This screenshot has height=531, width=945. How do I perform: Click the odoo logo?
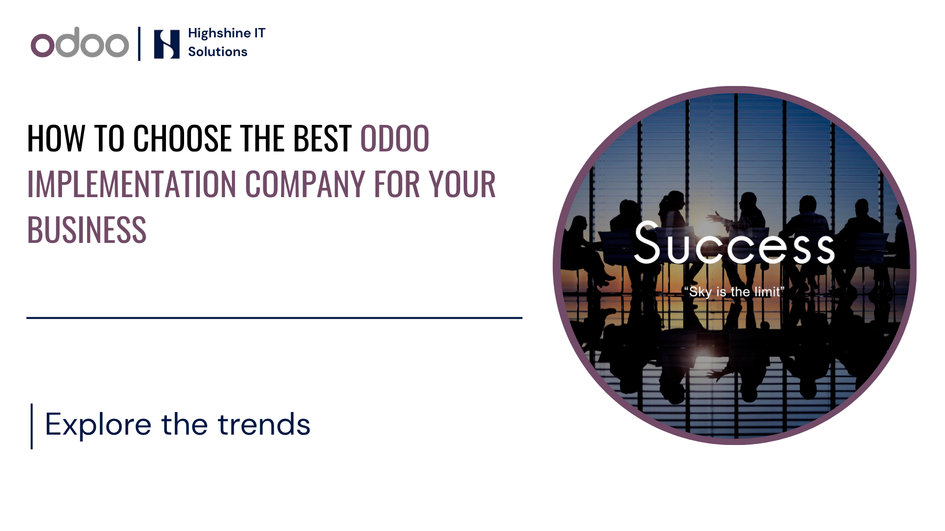(x=80, y=43)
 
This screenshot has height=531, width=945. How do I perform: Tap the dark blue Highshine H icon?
(x=167, y=44)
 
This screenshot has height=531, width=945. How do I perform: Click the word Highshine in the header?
(x=220, y=33)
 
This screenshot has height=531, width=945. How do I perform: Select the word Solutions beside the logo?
(x=218, y=52)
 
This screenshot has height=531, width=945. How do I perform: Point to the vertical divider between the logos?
(x=139, y=43)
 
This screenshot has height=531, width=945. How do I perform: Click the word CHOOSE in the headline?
(x=182, y=138)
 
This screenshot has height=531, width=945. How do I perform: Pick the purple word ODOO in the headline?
(x=395, y=138)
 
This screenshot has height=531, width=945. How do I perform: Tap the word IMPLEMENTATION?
(x=132, y=184)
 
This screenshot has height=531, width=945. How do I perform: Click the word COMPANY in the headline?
(x=305, y=184)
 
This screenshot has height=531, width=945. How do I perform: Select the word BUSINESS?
(x=87, y=230)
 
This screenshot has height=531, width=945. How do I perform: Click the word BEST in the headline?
(x=322, y=138)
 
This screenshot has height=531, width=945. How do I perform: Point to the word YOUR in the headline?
(x=462, y=184)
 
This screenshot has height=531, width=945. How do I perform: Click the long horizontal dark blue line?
(x=274, y=318)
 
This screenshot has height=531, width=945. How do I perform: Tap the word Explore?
(x=98, y=425)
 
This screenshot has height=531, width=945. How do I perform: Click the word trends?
(x=264, y=425)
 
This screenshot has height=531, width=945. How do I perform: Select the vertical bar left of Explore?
(x=32, y=426)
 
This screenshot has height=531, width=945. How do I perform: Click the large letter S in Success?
(x=647, y=242)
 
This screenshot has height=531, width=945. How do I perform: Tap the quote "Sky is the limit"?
(x=734, y=292)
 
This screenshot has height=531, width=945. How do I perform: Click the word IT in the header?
(x=259, y=33)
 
